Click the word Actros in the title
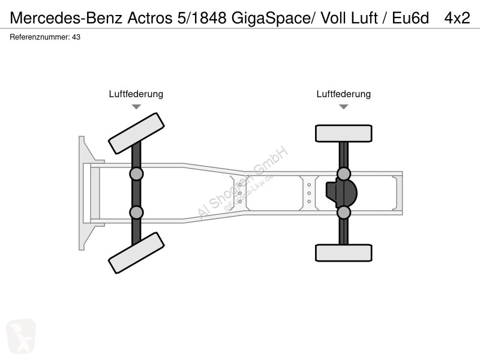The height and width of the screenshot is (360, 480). coord(149,18)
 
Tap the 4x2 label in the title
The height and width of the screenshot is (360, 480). coord(457,18)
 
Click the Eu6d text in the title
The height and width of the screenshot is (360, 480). coord(410,18)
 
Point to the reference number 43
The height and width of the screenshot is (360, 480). coord(76,37)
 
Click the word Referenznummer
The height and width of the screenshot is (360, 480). coord(40,37)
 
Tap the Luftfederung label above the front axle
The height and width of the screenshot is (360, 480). coord(136,94)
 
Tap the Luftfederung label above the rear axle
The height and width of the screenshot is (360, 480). coord(343,94)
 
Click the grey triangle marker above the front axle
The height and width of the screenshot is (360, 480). coord(136,107)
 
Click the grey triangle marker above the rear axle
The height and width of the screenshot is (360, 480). coord(344,107)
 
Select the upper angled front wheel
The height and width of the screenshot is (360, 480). coord(136,133)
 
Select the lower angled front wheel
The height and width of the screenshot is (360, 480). coord(136,253)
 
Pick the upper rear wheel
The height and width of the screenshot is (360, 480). coord(344,133)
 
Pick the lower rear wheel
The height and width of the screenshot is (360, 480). coord(344,253)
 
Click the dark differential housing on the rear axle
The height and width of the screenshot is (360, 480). coord(341,193)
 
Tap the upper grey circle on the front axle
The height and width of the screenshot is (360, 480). coord(136,174)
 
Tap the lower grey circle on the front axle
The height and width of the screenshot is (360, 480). coord(136,212)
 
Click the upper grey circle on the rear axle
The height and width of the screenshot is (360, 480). coord(344,174)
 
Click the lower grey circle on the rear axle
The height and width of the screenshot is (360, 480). coord(344,212)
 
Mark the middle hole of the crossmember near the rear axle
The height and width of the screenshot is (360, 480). coord(309,193)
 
